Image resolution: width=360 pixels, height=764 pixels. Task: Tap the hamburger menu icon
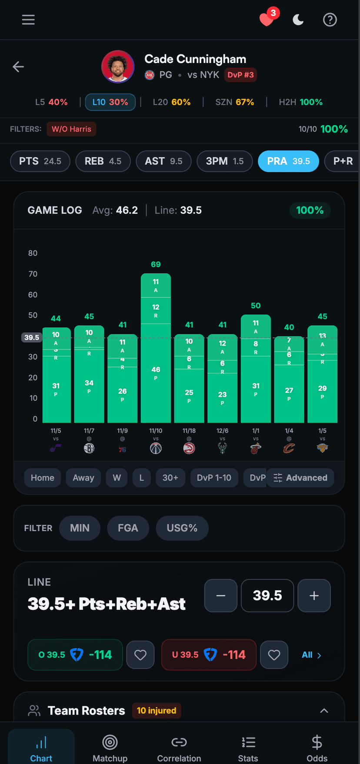tap(28, 20)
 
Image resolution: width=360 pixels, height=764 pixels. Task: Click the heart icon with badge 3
tap(267, 20)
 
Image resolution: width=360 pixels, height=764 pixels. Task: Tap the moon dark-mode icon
tap(298, 20)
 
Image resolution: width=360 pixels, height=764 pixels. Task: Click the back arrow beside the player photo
tap(18, 66)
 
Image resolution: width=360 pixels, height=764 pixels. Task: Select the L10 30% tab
tap(110, 102)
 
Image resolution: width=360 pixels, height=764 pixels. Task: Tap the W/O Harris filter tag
tap(71, 129)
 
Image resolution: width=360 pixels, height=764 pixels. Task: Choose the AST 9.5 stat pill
tap(163, 161)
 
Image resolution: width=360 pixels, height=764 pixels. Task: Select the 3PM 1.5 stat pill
tap(224, 161)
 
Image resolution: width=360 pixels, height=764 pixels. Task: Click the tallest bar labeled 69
tap(156, 348)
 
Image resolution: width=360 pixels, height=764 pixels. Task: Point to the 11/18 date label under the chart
tap(189, 431)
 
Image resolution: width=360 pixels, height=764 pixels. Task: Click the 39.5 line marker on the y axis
tap(31, 338)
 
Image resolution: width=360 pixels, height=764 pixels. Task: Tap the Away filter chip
tap(83, 478)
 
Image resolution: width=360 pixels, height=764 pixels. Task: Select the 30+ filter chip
tap(170, 478)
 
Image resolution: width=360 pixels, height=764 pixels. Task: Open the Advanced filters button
tap(300, 478)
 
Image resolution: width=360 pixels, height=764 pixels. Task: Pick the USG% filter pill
tap(182, 528)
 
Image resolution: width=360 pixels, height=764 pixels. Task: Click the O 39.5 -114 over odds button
tap(75, 655)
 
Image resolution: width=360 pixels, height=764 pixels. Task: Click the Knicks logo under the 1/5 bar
tap(322, 448)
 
